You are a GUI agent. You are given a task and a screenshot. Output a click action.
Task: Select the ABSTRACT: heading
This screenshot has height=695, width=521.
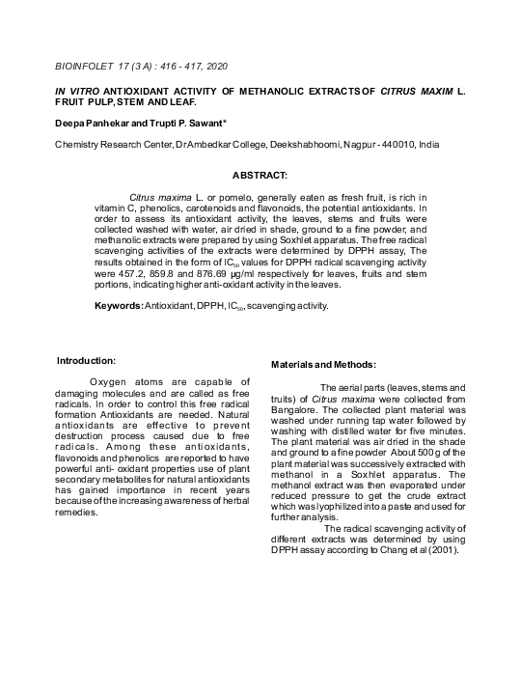click(x=260, y=175)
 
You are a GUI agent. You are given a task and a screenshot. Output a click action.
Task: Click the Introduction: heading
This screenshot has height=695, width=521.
click(x=87, y=360)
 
